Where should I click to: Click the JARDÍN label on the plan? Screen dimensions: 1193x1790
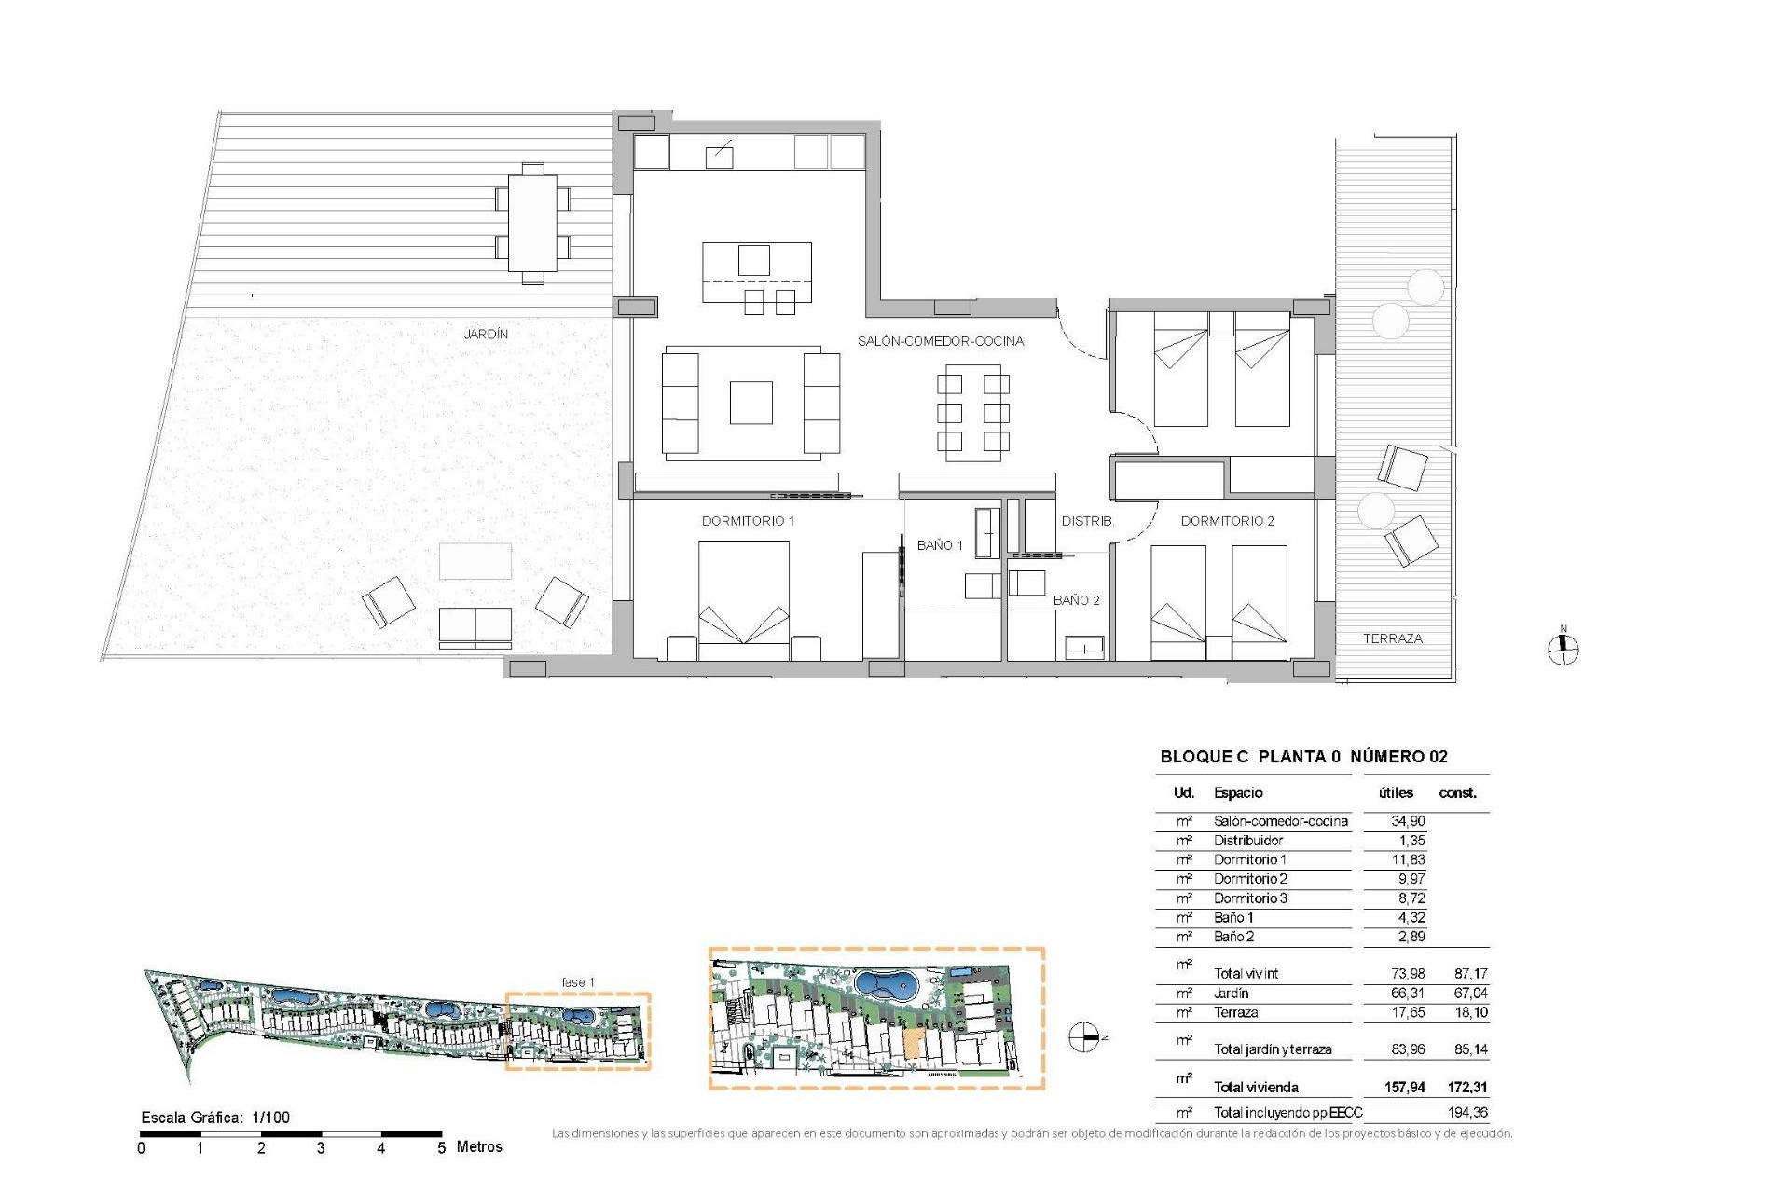point(486,334)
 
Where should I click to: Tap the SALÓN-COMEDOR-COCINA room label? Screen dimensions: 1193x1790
point(940,341)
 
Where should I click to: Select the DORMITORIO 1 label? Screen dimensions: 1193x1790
point(748,521)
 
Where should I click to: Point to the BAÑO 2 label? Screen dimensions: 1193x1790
point(1076,600)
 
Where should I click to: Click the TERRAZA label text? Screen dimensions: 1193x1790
point(1392,638)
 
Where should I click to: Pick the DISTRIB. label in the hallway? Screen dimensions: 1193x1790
point(1087,521)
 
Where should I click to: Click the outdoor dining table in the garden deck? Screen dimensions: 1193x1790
point(532,223)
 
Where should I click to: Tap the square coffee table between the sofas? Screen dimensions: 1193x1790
point(750,403)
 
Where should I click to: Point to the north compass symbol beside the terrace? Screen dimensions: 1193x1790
point(1563,650)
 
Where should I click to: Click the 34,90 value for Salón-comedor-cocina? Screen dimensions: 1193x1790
point(1407,821)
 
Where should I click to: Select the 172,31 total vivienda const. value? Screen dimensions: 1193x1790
point(1467,1087)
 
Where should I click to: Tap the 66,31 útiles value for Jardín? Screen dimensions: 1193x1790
point(1407,994)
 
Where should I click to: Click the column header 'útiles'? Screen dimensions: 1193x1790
point(1396,793)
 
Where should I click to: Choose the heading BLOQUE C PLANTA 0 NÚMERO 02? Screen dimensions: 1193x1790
point(1303,757)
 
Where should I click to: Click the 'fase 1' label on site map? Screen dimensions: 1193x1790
point(577,982)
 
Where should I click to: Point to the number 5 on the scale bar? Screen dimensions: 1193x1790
point(441,1148)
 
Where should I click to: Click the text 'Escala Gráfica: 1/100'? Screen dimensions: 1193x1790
point(215,1118)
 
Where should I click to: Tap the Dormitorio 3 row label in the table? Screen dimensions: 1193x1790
point(1249,898)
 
